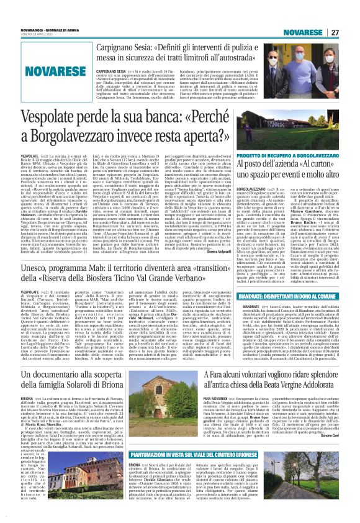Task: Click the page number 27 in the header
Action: tap(336, 32)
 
